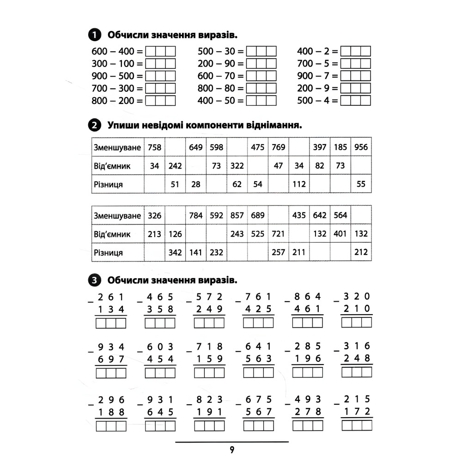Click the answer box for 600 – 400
pyautogui.click(x=161, y=51)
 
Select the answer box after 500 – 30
pyautogui.click(x=261, y=51)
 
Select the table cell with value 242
pyautogui.click(x=175, y=166)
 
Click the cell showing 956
pyautogui.click(x=361, y=147)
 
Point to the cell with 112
pyautogui.click(x=299, y=184)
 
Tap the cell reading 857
pyautogui.click(x=237, y=215)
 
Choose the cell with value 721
pyautogui.click(x=278, y=234)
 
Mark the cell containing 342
pyautogui.click(x=175, y=253)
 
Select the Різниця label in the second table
pyautogui.click(x=108, y=253)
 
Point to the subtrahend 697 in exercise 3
pyautogui.click(x=111, y=359)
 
